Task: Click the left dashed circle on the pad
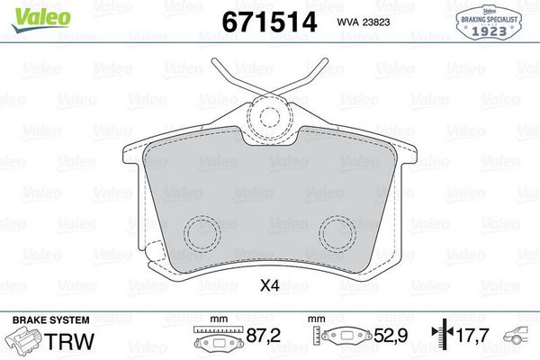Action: click(x=202, y=236)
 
